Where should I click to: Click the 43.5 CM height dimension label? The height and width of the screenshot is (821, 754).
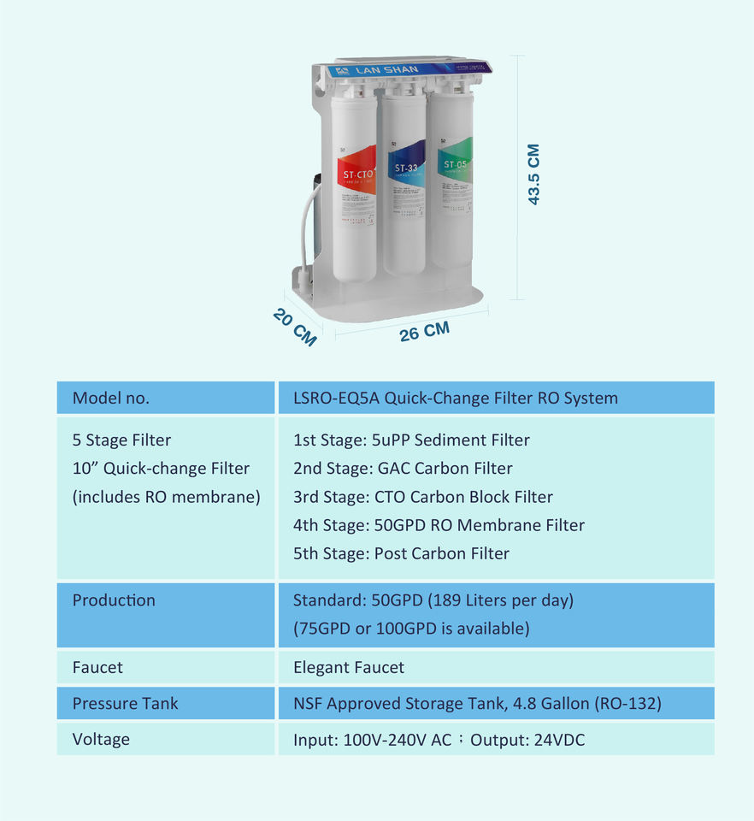coord(533,174)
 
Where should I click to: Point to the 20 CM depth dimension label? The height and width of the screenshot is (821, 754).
coord(295,327)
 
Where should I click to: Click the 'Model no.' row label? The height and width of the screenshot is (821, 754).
coord(110,398)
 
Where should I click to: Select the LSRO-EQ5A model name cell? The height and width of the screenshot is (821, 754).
coord(455,398)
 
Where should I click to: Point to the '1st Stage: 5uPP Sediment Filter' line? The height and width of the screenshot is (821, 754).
coord(411,440)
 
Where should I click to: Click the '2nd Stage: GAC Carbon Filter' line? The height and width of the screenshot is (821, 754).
coord(403,469)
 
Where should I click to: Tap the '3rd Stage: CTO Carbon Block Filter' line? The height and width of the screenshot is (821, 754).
coord(422,497)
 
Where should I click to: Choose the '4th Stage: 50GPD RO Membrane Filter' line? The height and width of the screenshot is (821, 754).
coord(439,525)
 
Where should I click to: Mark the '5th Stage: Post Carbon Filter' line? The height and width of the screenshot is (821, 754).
coord(401,553)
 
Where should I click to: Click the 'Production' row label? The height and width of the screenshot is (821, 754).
coord(114,600)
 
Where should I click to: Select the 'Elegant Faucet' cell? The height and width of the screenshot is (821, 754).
coord(349,667)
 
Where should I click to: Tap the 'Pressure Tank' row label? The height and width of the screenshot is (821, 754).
coord(125,704)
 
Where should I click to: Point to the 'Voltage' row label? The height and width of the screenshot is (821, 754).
coord(101,739)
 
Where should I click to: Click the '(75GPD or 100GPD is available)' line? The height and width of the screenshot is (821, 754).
coord(411,629)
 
